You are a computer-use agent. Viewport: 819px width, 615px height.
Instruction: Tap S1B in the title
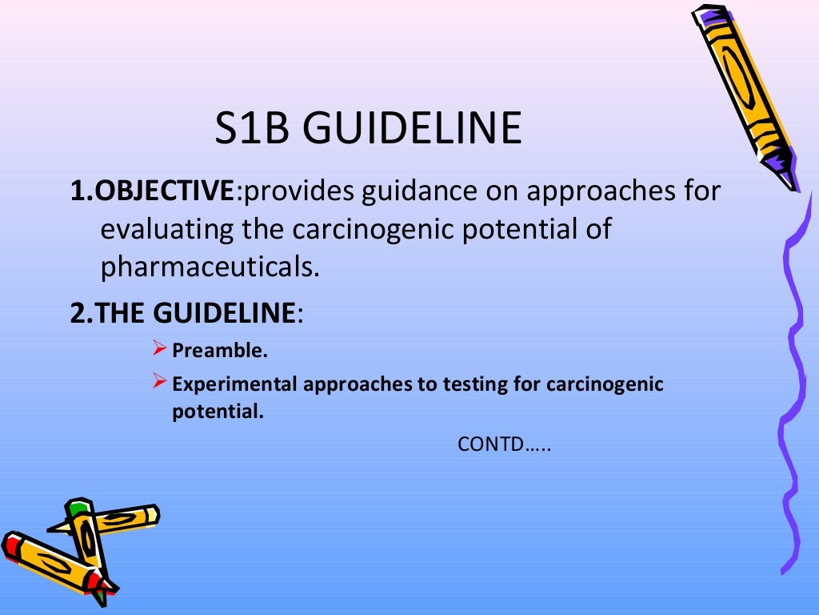[254, 128]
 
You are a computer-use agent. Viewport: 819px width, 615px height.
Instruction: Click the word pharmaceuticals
[210, 267]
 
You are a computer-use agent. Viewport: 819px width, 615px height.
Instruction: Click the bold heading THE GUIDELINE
[195, 312]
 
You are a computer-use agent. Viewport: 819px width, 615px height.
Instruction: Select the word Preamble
[220, 350]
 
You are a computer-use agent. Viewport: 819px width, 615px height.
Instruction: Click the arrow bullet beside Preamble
[159, 349]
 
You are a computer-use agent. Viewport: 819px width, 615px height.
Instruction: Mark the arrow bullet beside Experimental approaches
[159, 383]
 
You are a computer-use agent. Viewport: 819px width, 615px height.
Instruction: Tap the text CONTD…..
[505, 444]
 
